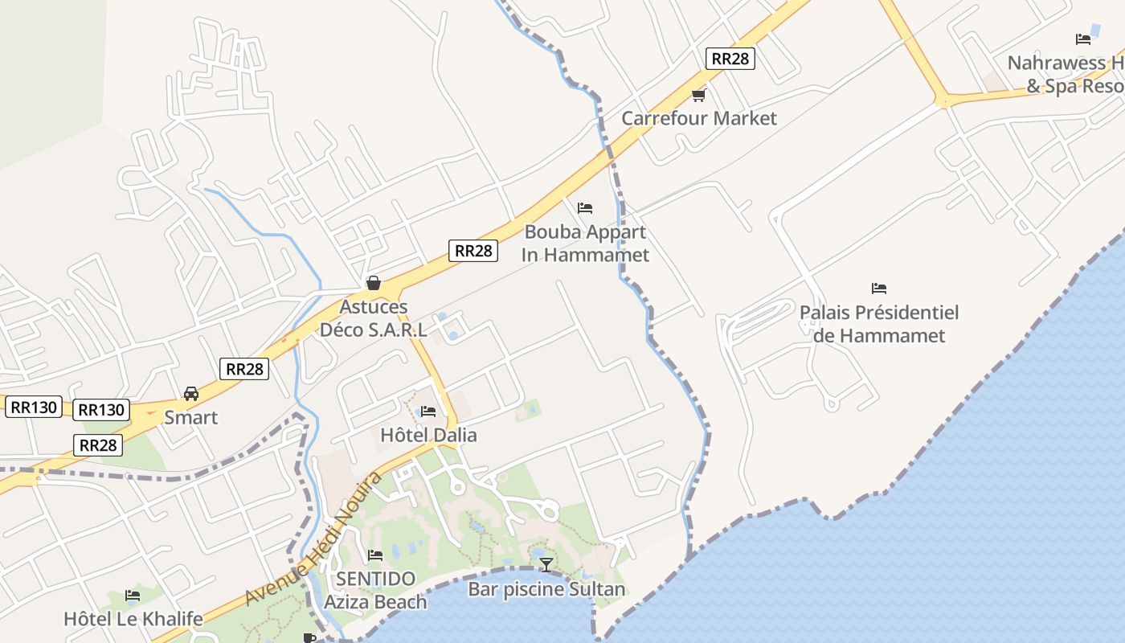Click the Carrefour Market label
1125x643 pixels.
pyautogui.click(x=699, y=118)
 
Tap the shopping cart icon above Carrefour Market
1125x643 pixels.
pyautogui.click(x=698, y=95)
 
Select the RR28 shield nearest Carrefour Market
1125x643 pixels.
pyautogui.click(x=730, y=58)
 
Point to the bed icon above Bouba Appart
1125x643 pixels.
pyautogui.click(x=585, y=207)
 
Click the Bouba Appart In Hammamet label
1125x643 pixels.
pyautogui.click(x=585, y=244)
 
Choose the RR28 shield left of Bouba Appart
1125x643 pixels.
pyautogui.click(x=472, y=250)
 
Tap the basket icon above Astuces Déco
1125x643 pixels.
pyautogui.click(x=373, y=283)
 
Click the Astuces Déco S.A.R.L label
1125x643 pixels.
pyautogui.click(x=374, y=318)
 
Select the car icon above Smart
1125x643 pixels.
pyautogui.click(x=191, y=394)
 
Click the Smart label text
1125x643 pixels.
pyautogui.click(x=191, y=418)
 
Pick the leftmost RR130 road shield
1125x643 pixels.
pyautogui.click(x=33, y=407)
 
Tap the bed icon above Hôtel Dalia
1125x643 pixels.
pyautogui.click(x=428, y=412)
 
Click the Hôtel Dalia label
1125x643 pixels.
pyautogui.click(x=428, y=436)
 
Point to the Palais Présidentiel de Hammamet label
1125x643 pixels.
pyautogui.click(x=879, y=324)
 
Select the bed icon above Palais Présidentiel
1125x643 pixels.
pyautogui.click(x=879, y=288)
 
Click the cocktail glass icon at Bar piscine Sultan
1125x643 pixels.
pyautogui.click(x=546, y=564)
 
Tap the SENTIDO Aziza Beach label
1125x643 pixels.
pyautogui.click(x=375, y=590)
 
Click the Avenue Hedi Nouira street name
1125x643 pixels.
pyautogui.click(x=313, y=539)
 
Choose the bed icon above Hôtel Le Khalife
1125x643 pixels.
pyautogui.click(x=133, y=596)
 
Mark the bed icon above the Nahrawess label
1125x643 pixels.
pyautogui.click(x=1083, y=39)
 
